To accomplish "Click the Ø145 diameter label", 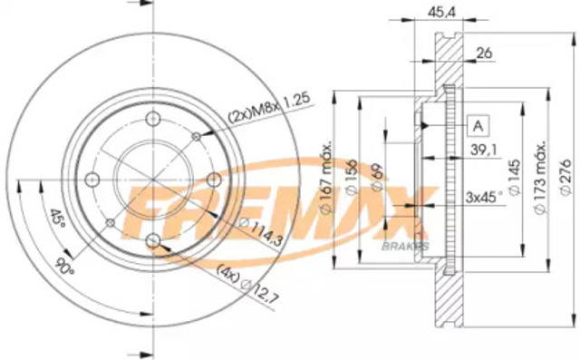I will point(514,182).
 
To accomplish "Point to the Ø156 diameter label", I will point(350,180).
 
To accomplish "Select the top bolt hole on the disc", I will point(152,118).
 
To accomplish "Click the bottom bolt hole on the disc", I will point(152,239).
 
